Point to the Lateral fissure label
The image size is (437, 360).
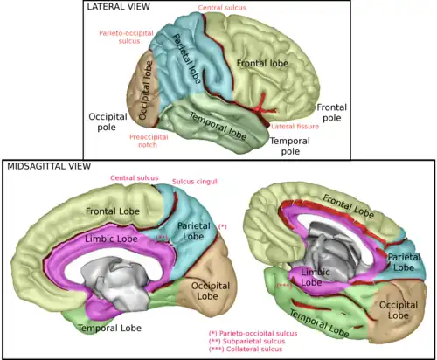tap(295, 126)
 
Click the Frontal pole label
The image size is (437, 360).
tap(332, 112)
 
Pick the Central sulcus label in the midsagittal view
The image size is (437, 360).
tap(135, 177)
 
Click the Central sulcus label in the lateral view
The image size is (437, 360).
tap(222, 8)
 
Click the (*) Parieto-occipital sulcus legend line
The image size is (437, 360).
tap(253, 334)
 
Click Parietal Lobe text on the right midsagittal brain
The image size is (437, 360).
tap(403, 261)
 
